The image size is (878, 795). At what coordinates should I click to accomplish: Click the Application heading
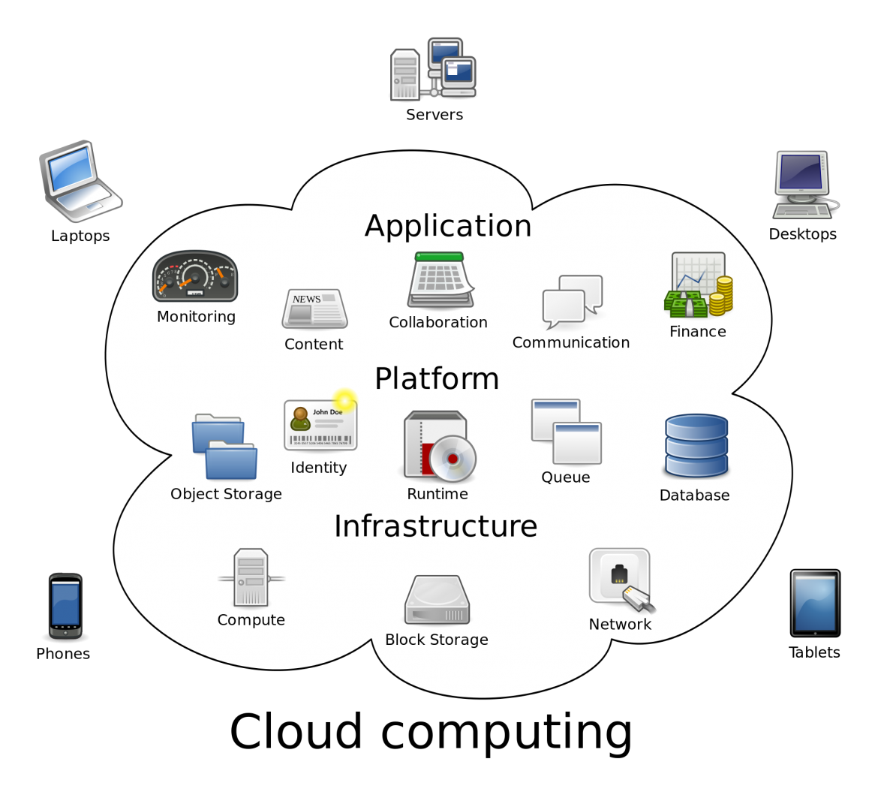pyautogui.click(x=448, y=226)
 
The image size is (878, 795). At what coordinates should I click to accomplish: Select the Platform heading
pyautogui.click(x=437, y=379)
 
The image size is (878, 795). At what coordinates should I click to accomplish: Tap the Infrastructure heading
pyautogui.click(x=435, y=526)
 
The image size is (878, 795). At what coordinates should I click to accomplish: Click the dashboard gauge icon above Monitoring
pyautogui.click(x=195, y=276)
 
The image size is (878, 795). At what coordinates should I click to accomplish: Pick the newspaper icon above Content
pyautogui.click(x=314, y=309)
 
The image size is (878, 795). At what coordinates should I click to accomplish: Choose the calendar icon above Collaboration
pyautogui.click(x=441, y=280)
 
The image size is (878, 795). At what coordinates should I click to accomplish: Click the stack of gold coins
pyautogui.click(x=721, y=296)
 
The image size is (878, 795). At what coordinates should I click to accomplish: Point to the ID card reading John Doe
pyautogui.click(x=320, y=425)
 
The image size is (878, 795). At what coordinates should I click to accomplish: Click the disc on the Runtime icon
pyautogui.click(x=453, y=458)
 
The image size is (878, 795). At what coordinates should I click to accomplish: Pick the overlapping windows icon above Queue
pyautogui.click(x=566, y=432)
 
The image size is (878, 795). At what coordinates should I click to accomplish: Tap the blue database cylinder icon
pyautogui.click(x=696, y=446)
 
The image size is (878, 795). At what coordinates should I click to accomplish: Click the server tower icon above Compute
pyautogui.click(x=251, y=577)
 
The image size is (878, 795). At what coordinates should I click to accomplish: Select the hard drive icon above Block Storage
pyautogui.click(x=437, y=600)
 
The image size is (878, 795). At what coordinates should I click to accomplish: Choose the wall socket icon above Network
pyautogui.click(x=620, y=577)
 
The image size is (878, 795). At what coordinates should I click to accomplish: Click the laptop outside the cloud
pyautogui.click(x=80, y=181)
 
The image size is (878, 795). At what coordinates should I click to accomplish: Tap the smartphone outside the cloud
pyautogui.click(x=65, y=606)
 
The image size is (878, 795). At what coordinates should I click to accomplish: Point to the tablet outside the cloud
pyautogui.click(x=815, y=603)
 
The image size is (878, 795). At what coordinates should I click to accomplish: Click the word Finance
pyautogui.click(x=697, y=332)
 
